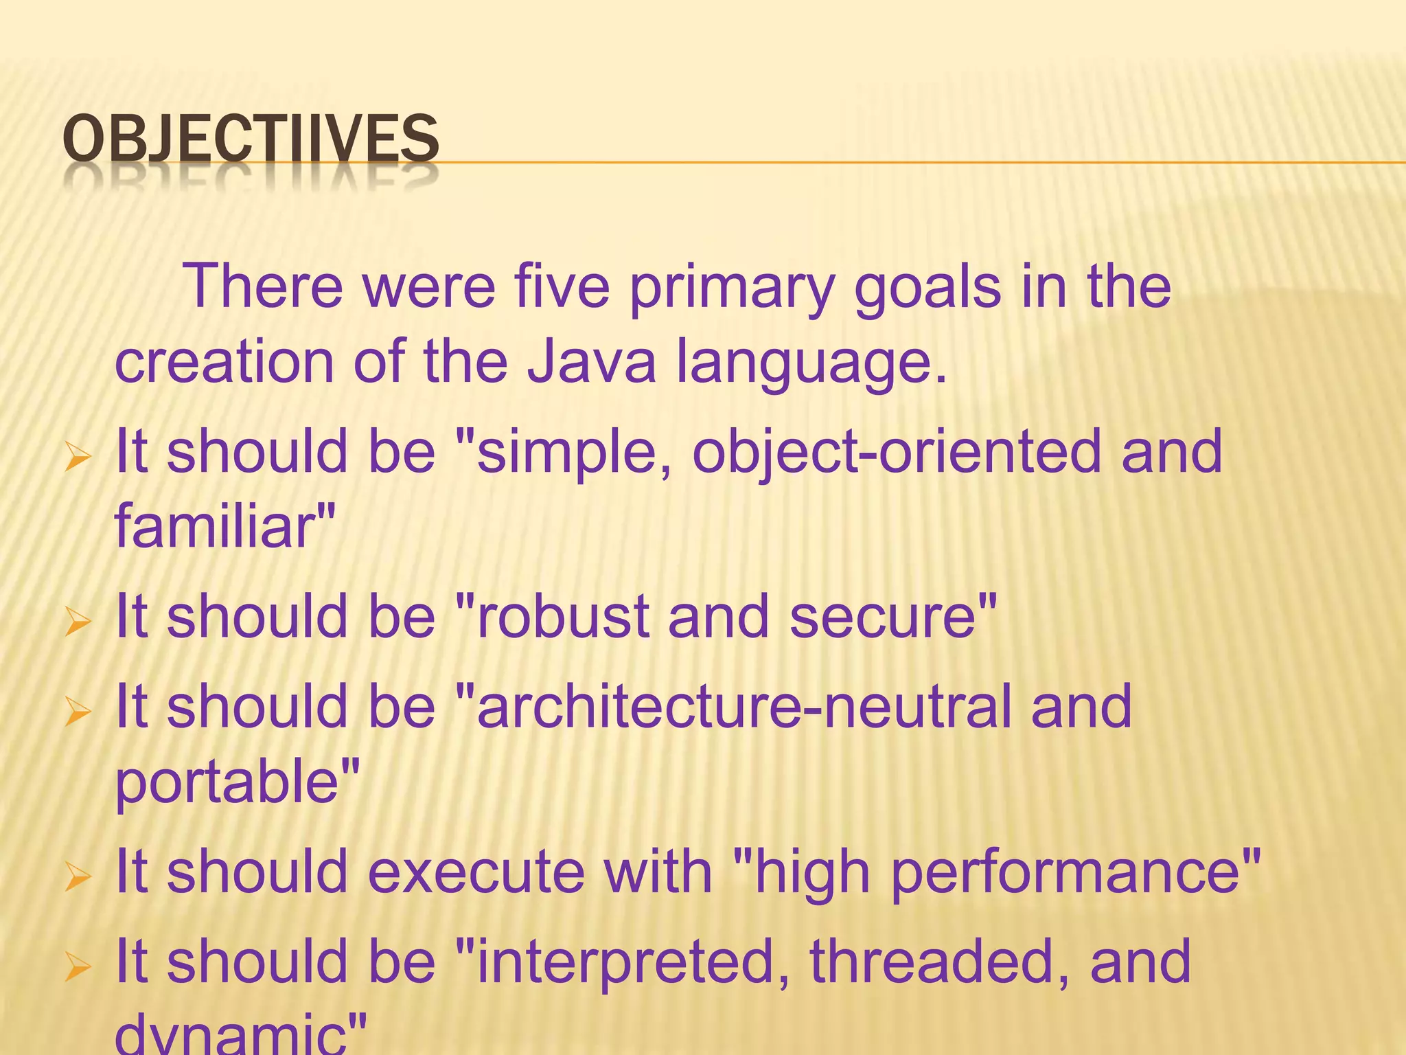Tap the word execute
pyautogui.click(x=476, y=872)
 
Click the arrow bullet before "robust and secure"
pyautogui.click(x=78, y=622)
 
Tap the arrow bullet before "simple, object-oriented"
pyautogui.click(x=78, y=457)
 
